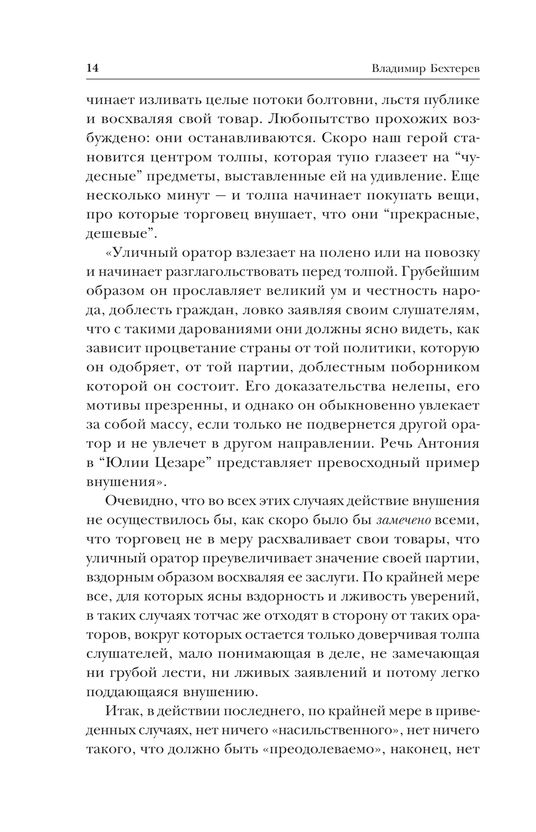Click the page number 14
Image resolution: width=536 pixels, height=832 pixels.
click(x=92, y=69)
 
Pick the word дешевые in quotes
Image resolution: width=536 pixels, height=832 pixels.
click(x=121, y=233)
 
